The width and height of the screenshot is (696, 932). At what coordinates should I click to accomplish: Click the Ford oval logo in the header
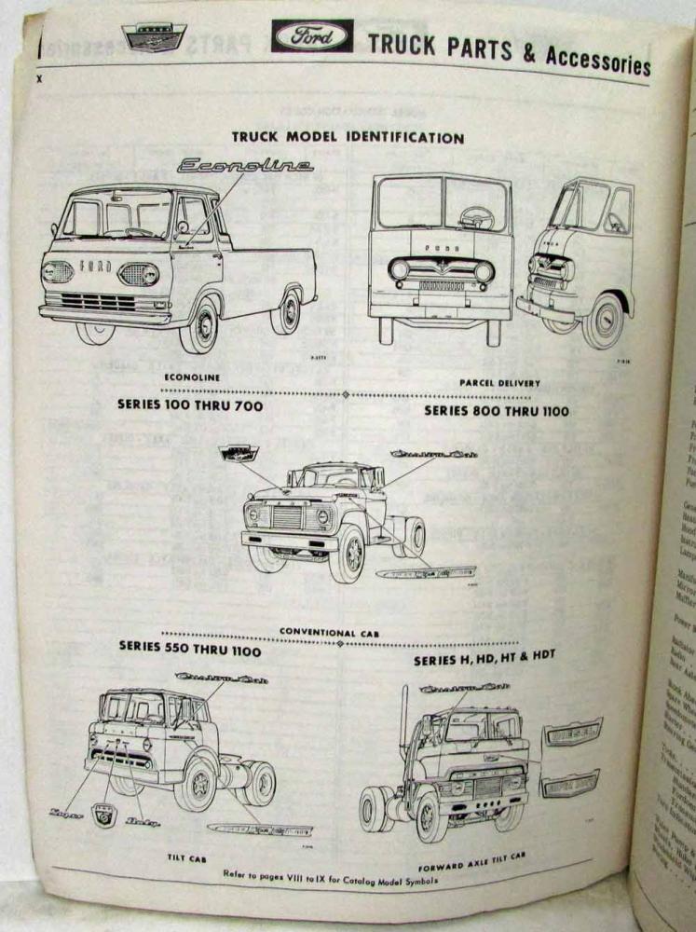pyautogui.click(x=311, y=36)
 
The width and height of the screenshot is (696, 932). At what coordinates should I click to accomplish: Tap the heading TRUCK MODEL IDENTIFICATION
pyautogui.click(x=348, y=138)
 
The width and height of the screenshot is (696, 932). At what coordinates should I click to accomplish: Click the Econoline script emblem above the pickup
pyautogui.click(x=245, y=166)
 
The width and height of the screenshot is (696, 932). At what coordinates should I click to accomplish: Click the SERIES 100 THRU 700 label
pyautogui.click(x=190, y=406)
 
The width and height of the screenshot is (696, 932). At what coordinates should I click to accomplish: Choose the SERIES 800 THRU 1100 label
pyautogui.click(x=497, y=410)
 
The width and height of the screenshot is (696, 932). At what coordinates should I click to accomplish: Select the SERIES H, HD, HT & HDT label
pyautogui.click(x=484, y=656)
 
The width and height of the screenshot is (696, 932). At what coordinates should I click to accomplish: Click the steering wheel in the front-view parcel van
pyautogui.click(x=476, y=218)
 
